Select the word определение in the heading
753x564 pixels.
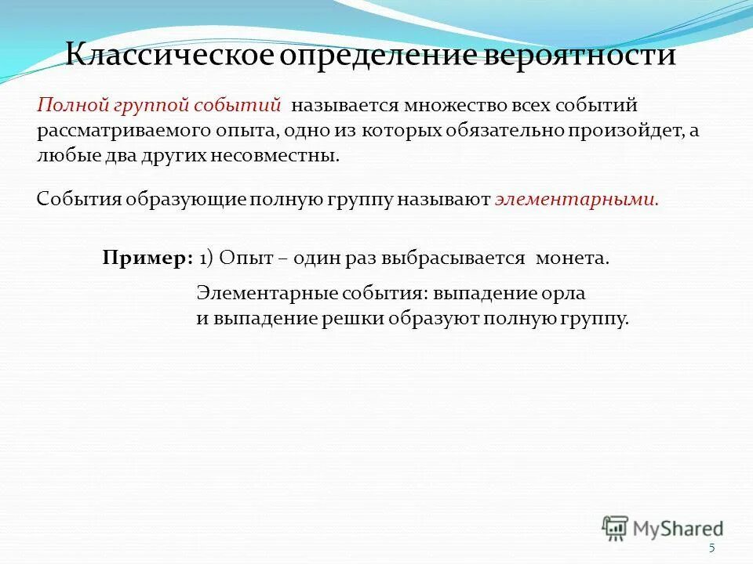(x=387, y=56)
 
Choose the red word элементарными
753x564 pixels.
(x=577, y=200)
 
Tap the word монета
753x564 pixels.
(x=572, y=259)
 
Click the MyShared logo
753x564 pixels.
(x=663, y=527)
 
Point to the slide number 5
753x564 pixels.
(x=711, y=548)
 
